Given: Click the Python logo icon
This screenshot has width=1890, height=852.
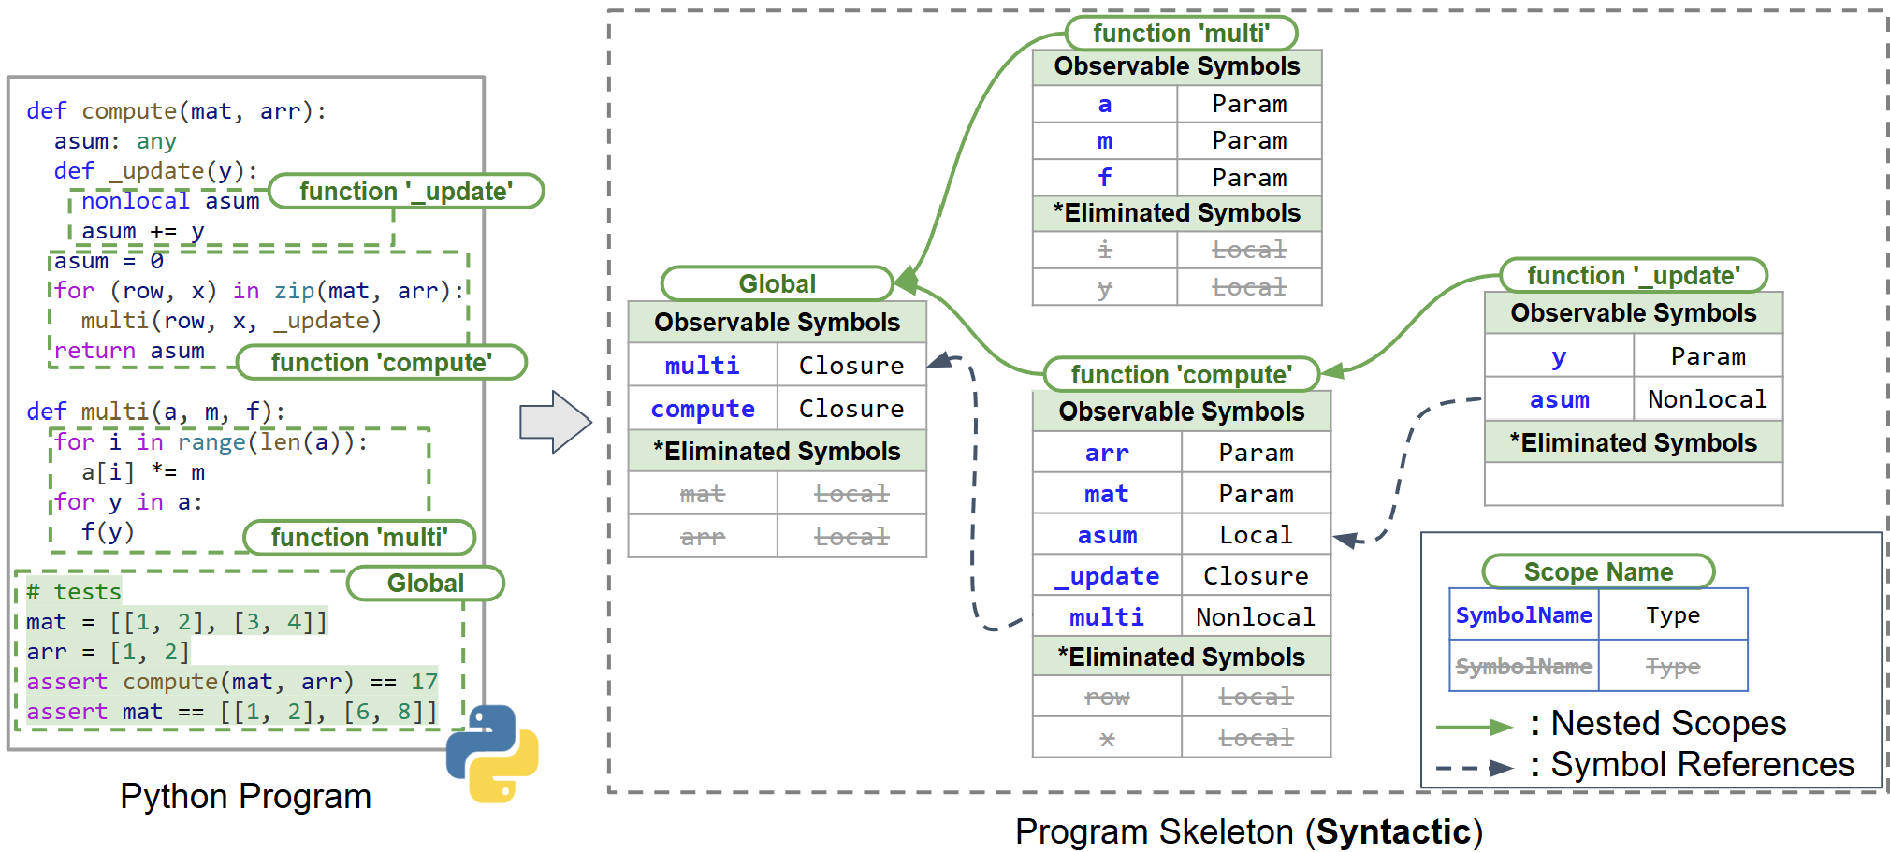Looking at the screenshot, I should click(492, 753).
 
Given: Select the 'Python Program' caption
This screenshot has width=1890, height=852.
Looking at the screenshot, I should click(245, 797).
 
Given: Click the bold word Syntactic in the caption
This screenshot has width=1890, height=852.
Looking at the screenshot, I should click(1393, 831).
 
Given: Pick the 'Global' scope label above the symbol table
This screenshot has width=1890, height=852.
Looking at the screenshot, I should click(777, 283).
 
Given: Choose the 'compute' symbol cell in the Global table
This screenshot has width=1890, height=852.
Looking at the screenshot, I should click(703, 409).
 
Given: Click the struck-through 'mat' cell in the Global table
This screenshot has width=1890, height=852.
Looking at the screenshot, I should click(703, 493).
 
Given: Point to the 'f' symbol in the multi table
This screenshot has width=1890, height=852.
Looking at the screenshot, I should click(1104, 177).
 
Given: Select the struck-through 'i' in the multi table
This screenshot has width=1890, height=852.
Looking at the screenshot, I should click(1104, 250).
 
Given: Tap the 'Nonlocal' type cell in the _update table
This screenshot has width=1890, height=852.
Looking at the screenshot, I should click(1708, 399).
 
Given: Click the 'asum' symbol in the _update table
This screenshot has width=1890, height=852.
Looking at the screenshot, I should click(1559, 399).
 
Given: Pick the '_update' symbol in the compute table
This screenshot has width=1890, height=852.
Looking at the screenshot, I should click(1107, 576).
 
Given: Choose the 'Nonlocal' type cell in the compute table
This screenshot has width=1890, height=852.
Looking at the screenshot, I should click(1256, 617).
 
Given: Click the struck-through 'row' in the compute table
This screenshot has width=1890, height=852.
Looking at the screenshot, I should click(1107, 697).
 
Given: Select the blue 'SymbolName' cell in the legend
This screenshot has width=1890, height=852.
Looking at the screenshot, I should click(1523, 614).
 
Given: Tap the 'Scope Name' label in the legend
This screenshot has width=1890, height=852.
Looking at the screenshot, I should click(1598, 571).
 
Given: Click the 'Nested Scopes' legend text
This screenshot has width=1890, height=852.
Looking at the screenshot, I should click(1668, 723).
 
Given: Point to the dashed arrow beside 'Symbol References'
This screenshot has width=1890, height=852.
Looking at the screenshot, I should click(1475, 768).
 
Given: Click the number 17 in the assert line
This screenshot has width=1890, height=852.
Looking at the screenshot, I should click(424, 682).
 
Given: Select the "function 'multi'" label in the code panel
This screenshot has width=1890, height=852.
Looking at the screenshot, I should click(359, 537).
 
